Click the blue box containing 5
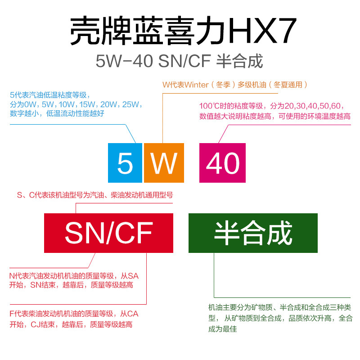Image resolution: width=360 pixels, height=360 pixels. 125,162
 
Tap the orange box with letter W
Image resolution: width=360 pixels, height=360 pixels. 164,162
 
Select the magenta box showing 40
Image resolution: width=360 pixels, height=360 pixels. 222,162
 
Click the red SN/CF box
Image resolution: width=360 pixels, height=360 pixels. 108,233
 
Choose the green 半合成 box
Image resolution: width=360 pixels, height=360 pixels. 253,233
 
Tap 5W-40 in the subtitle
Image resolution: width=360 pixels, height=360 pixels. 125,61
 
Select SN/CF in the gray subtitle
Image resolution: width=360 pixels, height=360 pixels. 185,61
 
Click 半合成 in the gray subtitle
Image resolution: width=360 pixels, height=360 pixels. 239,61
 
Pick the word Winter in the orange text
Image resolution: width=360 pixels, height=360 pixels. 197,85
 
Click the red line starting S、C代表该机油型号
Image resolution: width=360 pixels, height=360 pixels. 95,195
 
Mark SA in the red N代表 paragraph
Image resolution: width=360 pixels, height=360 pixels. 134,276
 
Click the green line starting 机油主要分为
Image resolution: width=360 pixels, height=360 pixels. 279,308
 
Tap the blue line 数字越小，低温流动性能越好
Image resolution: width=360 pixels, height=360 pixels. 57,114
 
